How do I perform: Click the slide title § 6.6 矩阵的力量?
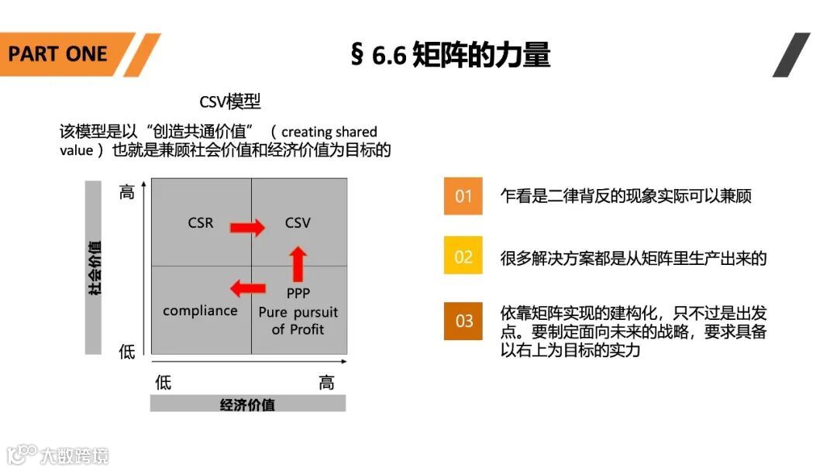point(450,55)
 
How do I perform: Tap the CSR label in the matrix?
point(200,223)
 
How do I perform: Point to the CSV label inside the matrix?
point(298,223)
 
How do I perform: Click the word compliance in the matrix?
point(200,311)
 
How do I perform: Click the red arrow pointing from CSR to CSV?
point(247,227)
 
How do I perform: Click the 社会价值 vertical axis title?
point(94,267)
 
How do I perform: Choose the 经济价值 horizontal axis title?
point(248,404)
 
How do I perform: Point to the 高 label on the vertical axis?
point(126,192)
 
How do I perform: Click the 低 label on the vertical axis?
point(126,352)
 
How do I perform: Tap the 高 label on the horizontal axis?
point(327,382)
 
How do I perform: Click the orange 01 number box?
point(463,196)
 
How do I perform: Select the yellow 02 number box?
point(463,256)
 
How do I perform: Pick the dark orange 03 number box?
point(463,321)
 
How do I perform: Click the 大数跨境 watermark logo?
point(58,455)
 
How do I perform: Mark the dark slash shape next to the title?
point(790,55)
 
